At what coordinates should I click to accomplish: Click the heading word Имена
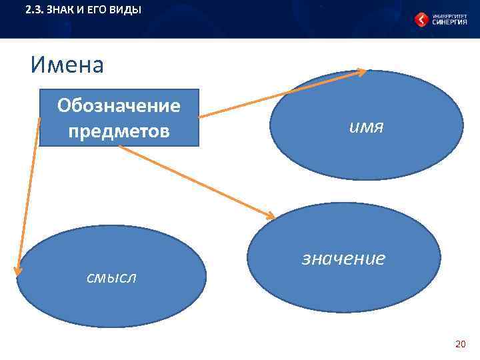click(x=67, y=65)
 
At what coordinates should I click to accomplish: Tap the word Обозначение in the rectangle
click(x=119, y=106)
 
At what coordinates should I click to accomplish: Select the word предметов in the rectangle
click(x=119, y=131)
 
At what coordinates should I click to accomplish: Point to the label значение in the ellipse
click(x=343, y=258)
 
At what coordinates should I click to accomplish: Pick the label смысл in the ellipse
click(x=111, y=277)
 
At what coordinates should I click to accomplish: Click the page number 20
click(x=460, y=344)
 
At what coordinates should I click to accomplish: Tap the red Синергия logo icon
click(x=421, y=19)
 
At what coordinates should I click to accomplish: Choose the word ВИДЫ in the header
click(x=127, y=10)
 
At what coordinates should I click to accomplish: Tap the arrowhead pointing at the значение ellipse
click(x=270, y=216)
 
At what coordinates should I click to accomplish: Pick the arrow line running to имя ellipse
click(x=280, y=94)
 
